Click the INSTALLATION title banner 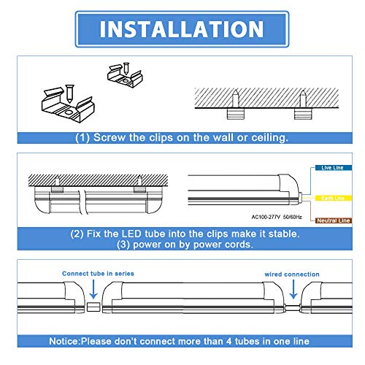(x=182, y=29)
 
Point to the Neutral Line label (x=334, y=220)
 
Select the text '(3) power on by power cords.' (x=182, y=245)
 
